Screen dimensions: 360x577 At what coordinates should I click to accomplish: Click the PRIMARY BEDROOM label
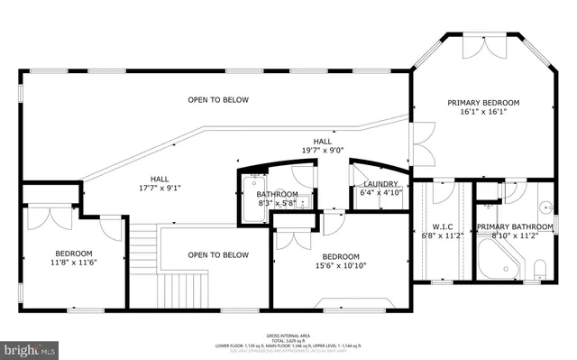point(483,103)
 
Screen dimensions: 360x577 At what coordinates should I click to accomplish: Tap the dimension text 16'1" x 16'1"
point(483,113)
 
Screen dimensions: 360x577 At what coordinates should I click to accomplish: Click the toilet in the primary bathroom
point(540,267)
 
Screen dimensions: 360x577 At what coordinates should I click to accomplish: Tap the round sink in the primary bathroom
point(545,207)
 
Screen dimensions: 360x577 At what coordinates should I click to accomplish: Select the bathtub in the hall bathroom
point(250,194)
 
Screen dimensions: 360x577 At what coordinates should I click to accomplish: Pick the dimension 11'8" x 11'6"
point(74,263)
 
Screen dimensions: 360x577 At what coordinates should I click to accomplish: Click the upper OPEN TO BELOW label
point(218,99)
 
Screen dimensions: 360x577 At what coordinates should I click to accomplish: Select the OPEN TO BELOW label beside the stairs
point(218,255)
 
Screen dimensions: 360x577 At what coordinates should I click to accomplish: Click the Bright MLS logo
point(30,346)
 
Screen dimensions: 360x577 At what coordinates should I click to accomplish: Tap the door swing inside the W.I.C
point(443,191)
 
